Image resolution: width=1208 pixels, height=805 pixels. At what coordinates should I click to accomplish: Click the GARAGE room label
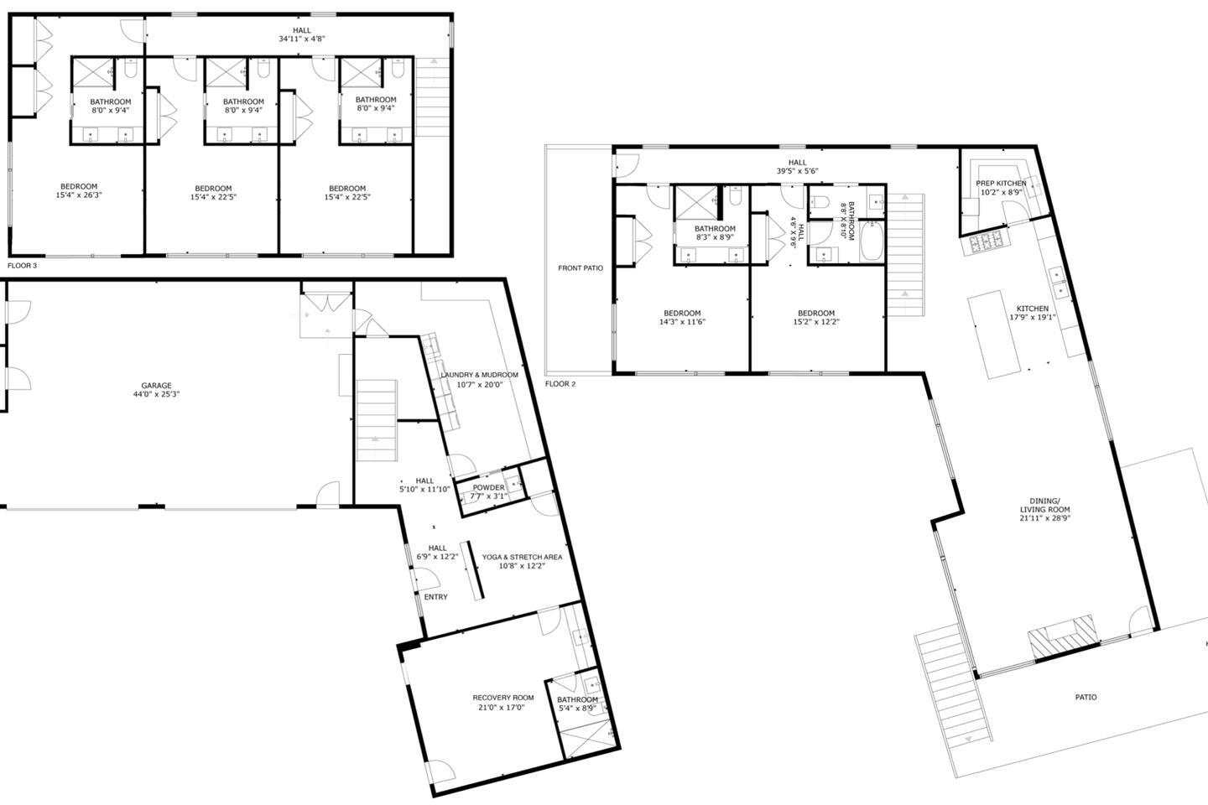click(x=156, y=386)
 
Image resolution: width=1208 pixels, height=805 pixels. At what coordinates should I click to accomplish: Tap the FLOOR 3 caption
click(x=22, y=266)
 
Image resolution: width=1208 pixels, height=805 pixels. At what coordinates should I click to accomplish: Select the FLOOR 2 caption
click(x=560, y=384)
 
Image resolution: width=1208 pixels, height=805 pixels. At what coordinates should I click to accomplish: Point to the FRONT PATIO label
click(x=581, y=268)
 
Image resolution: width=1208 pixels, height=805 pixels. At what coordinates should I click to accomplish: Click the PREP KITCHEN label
click(x=1001, y=184)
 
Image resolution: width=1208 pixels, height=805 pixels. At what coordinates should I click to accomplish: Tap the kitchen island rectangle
click(x=994, y=335)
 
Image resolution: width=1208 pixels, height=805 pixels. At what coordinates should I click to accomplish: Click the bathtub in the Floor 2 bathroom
click(x=872, y=240)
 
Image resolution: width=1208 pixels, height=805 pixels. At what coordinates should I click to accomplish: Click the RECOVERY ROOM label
click(x=503, y=698)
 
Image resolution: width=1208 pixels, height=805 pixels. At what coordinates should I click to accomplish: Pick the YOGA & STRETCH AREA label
click(x=522, y=557)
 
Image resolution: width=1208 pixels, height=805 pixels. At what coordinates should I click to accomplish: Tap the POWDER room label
click(x=488, y=487)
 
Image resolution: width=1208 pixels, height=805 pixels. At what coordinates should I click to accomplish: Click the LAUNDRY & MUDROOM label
click(x=480, y=375)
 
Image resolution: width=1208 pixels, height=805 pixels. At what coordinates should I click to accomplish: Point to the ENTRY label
click(x=435, y=597)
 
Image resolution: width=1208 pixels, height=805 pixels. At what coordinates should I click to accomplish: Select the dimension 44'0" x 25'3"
click(x=156, y=394)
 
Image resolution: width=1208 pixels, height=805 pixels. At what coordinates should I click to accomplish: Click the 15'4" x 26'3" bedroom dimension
click(x=79, y=195)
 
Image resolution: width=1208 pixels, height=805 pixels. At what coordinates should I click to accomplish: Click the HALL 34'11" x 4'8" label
click(x=302, y=34)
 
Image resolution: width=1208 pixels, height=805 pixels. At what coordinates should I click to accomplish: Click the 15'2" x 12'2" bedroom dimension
click(x=816, y=322)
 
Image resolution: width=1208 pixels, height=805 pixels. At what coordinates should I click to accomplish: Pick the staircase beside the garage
click(x=377, y=421)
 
